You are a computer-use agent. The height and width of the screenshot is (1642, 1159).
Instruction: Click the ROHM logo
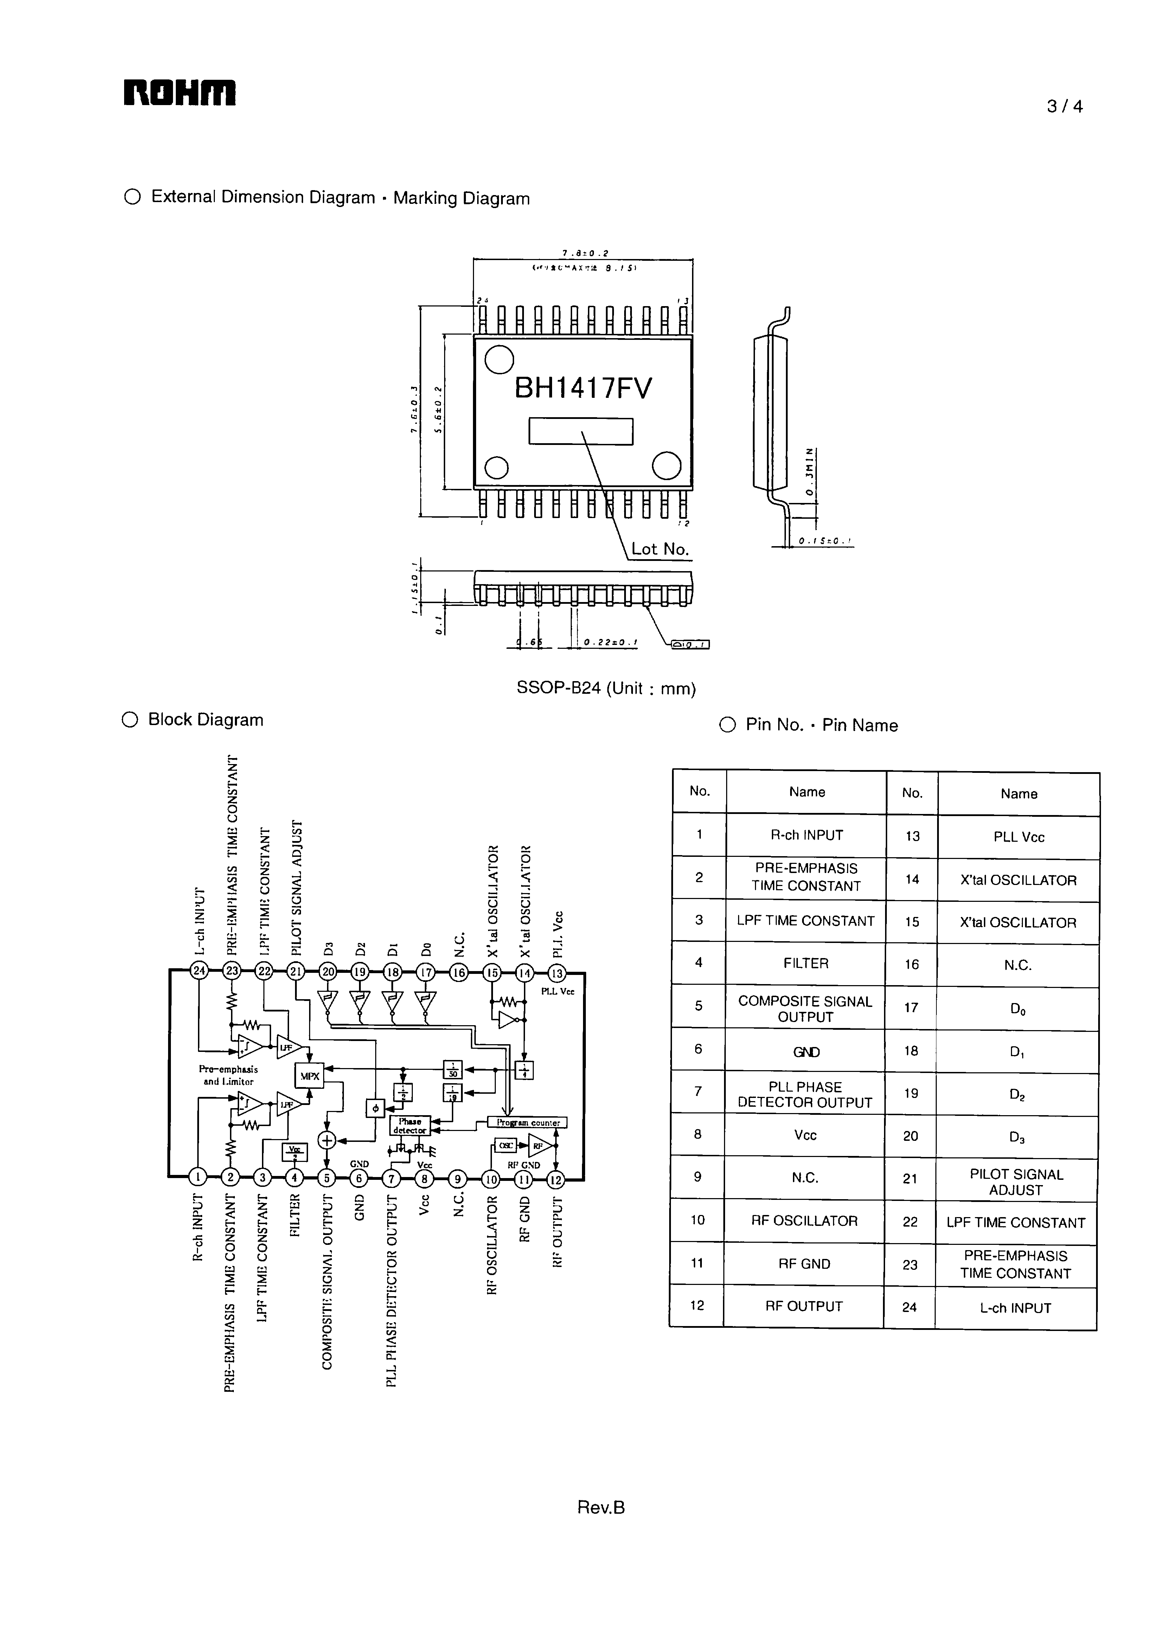point(180,93)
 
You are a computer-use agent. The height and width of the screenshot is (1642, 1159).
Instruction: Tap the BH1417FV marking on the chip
point(583,388)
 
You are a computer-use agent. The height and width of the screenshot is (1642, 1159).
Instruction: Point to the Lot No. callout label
point(660,549)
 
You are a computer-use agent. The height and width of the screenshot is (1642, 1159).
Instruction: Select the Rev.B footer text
point(601,1507)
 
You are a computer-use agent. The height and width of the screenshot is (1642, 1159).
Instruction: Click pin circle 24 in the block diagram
point(199,970)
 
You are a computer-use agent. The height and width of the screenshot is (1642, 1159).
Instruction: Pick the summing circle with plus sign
point(327,1141)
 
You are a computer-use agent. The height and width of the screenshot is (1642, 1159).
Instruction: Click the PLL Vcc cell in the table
point(1018,838)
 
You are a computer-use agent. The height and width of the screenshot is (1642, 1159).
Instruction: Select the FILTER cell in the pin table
point(806,963)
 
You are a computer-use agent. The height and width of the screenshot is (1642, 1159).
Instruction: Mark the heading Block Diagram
point(205,719)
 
